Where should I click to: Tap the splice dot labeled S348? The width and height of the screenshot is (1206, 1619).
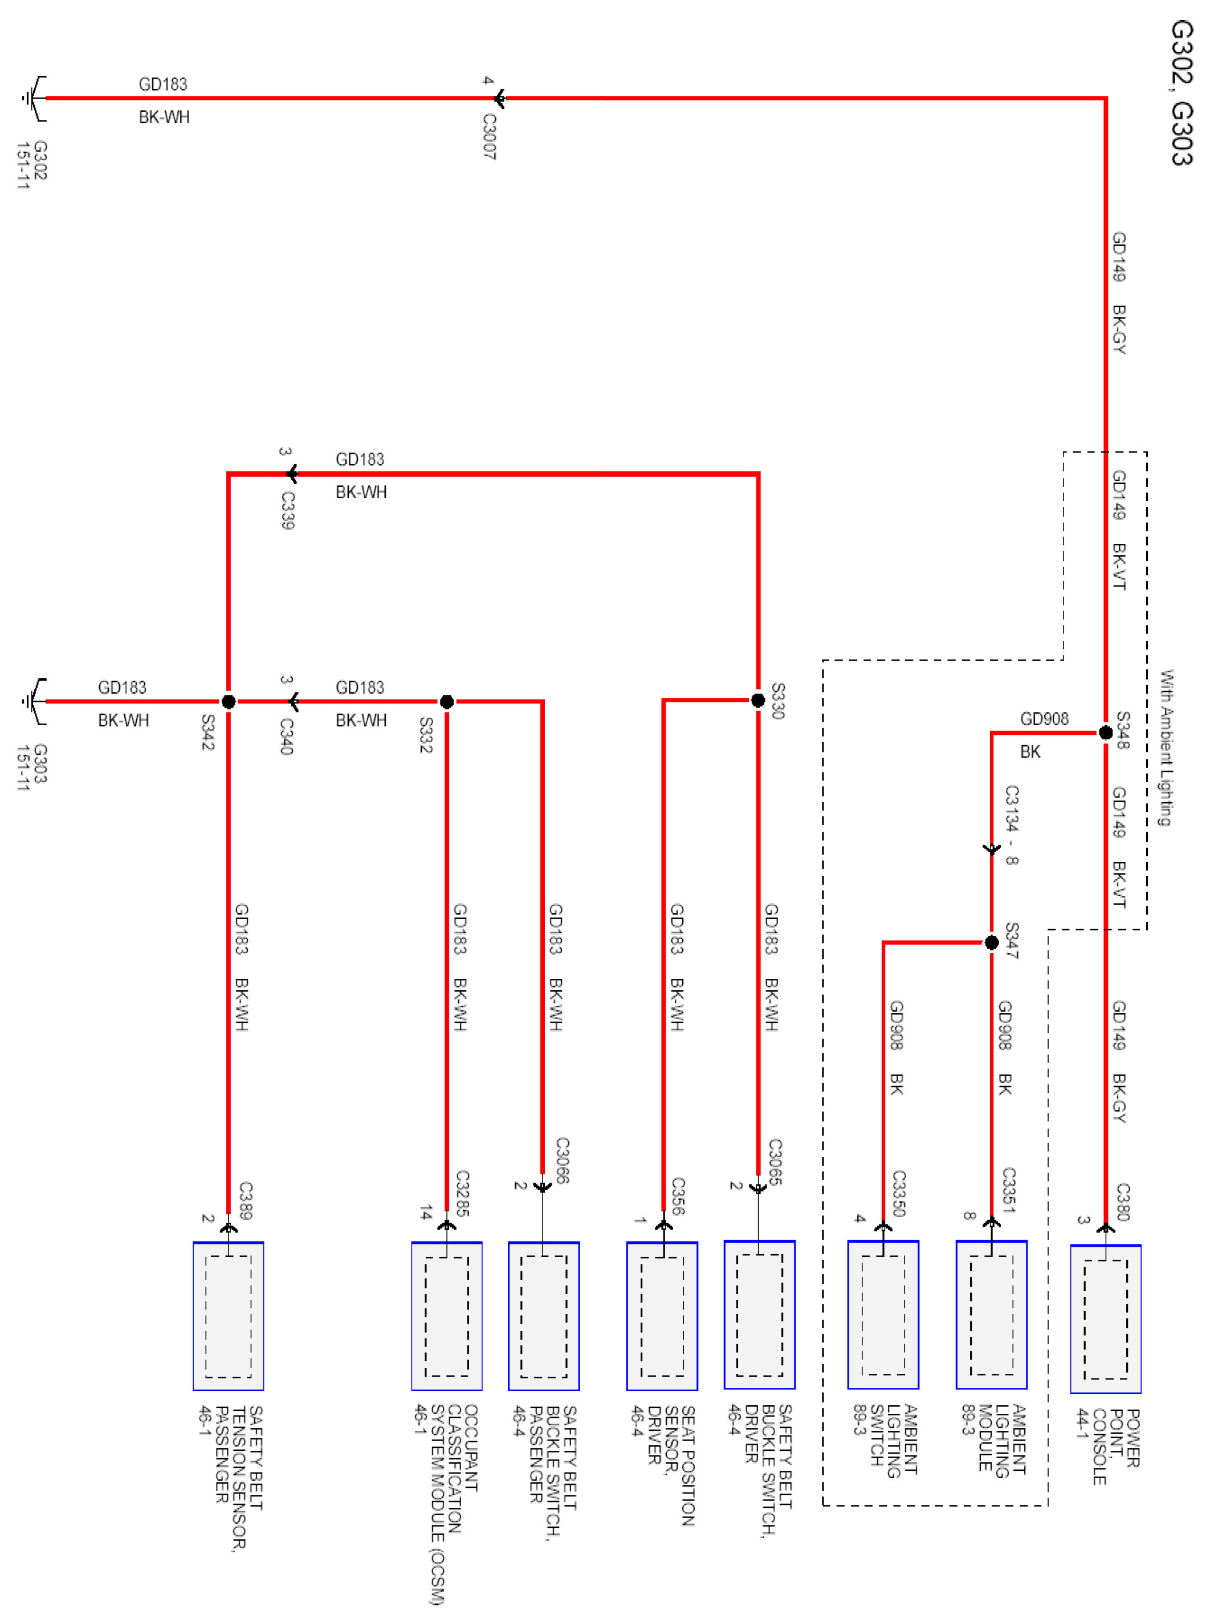pyautogui.click(x=1105, y=732)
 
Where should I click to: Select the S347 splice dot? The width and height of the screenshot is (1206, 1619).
pyautogui.click(x=991, y=942)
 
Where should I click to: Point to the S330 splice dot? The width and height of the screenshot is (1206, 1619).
pyautogui.click(x=758, y=700)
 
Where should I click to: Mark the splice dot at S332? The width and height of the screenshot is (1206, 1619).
pyautogui.click(x=447, y=701)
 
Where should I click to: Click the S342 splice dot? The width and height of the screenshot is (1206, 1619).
pyautogui.click(x=229, y=701)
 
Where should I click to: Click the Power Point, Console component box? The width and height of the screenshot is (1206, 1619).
pyautogui.click(x=1105, y=1318)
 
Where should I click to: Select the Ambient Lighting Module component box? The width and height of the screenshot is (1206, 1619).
pyautogui.click(x=991, y=1315)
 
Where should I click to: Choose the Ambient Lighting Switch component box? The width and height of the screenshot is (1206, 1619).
pyautogui.click(x=883, y=1315)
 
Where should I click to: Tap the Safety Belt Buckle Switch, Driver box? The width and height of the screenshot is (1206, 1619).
pyautogui.click(x=759, y=1315)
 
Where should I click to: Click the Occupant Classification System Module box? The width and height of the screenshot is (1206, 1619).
pyautogui.click(x=447, y=1315)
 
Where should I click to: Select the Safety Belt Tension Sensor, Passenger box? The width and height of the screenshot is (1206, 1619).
pyautogui.click(x=229, y=1315)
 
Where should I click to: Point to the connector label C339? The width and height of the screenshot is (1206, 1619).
pyautogui.click(x=288, y=510)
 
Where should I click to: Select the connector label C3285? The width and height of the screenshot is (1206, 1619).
pyautogui.click(x=462, y=1193)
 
